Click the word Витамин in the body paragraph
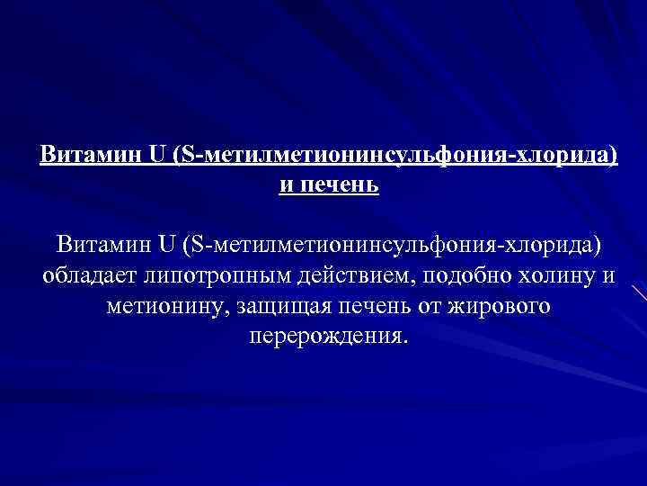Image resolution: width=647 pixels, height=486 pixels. pos(97,244)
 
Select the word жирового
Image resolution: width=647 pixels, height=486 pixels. pos(505,306)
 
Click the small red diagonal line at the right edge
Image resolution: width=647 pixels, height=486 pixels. pos(638,293)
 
